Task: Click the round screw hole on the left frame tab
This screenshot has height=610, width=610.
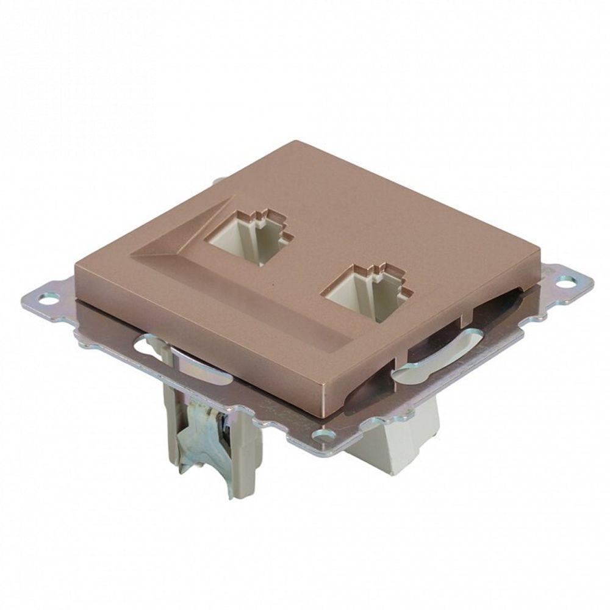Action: click(x=46, y=298)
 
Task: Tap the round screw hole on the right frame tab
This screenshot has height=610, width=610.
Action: click(x=566, y=281)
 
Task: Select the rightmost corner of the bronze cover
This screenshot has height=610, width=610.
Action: click(x=542, y=268)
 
